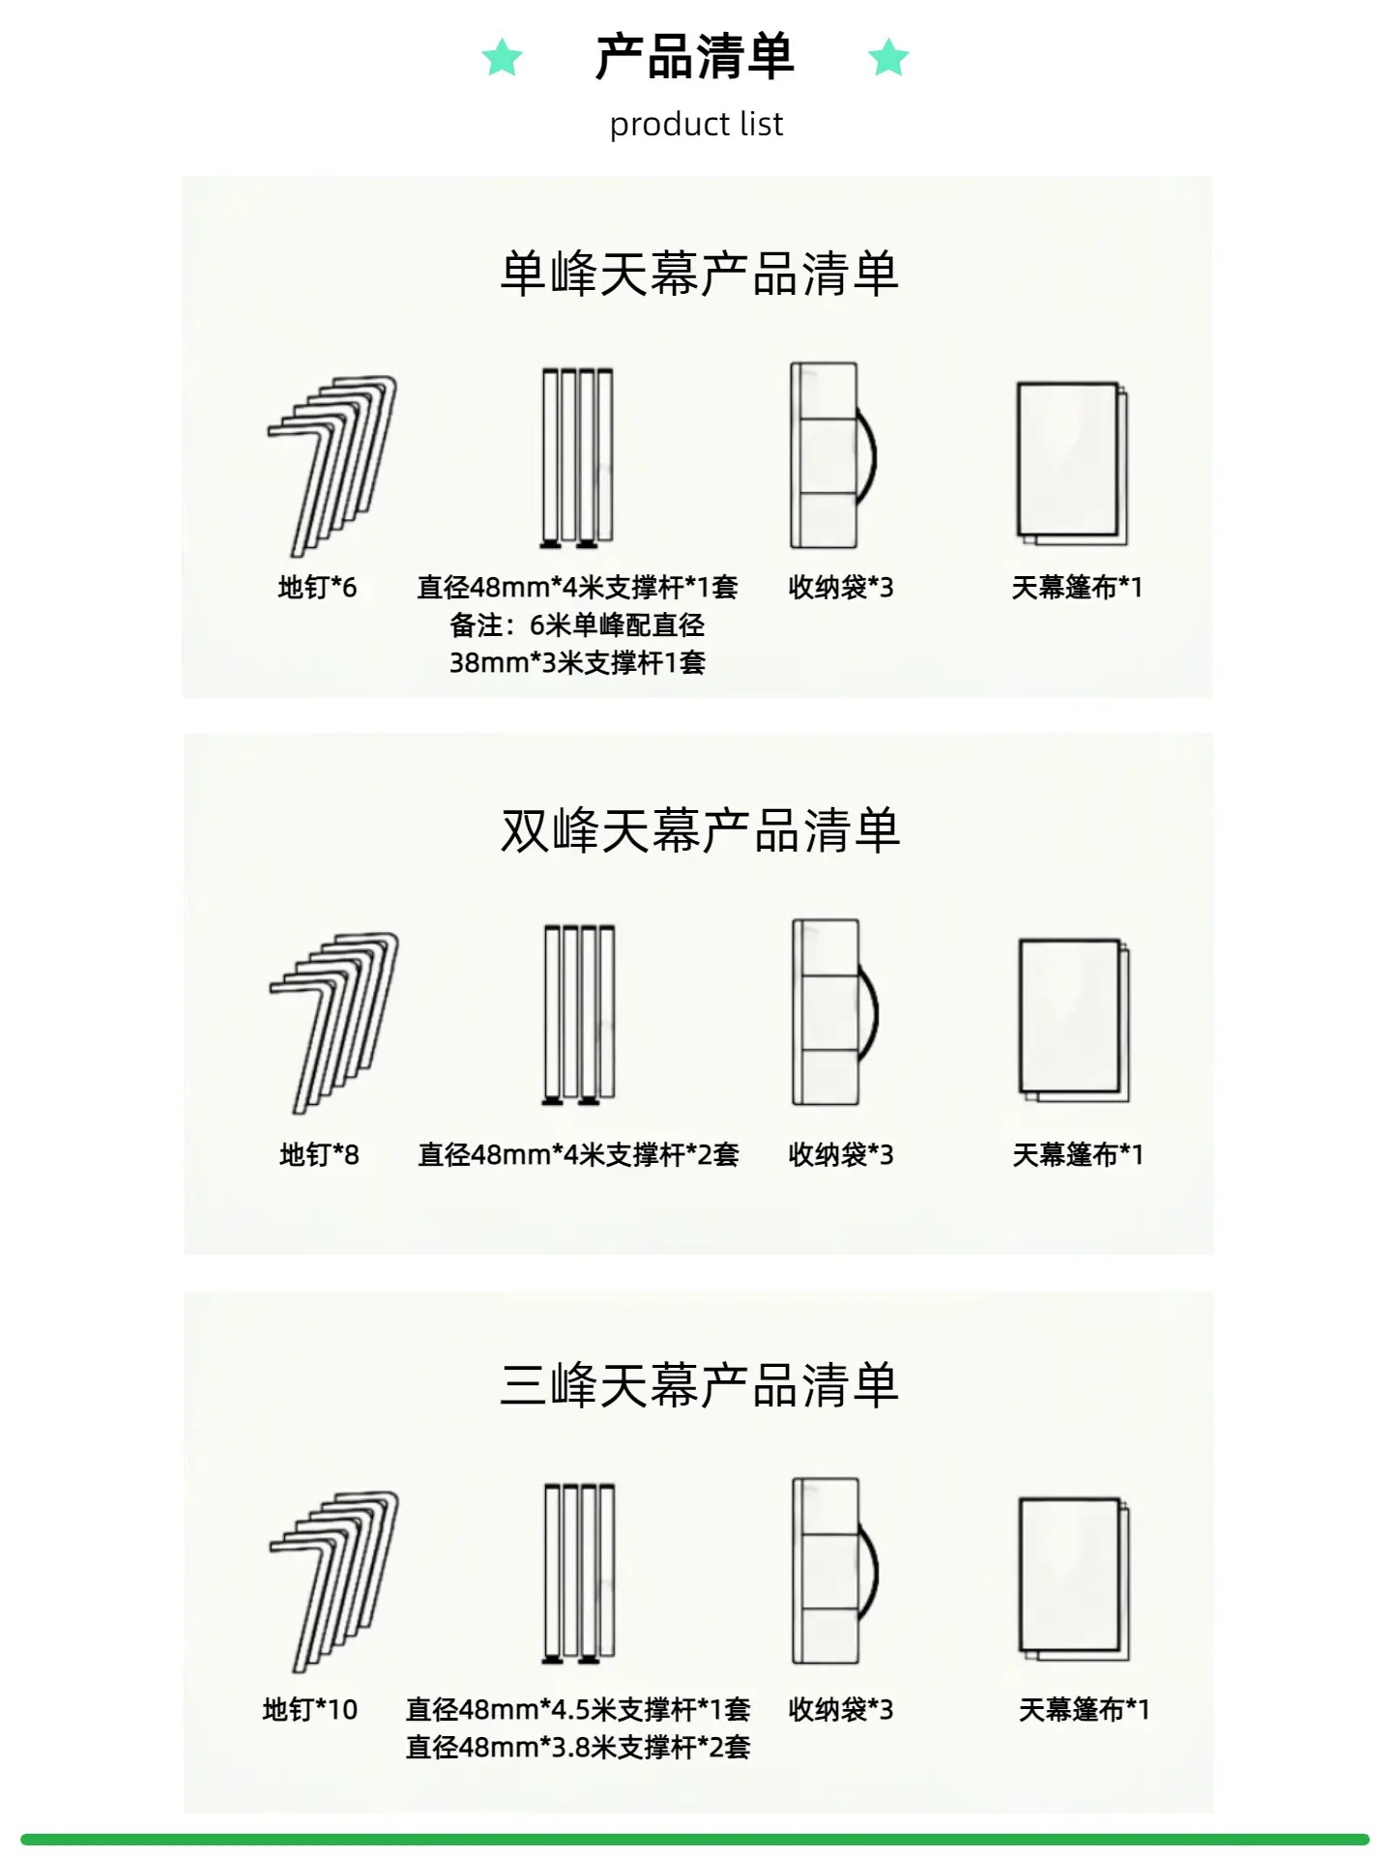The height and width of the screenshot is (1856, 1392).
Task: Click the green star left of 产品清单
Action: (x=503, y=58)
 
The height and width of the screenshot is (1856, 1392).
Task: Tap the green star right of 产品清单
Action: (x=888, y=58)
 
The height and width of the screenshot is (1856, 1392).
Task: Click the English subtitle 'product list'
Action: (x=696, y=125)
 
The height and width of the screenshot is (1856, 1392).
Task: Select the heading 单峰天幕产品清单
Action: (x=699, y=275)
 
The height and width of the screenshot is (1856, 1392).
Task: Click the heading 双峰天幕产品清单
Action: (x=700, y=830)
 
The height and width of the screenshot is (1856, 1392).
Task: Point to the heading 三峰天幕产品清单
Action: (x=699, y=1385)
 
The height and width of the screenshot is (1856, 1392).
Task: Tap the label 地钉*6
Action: (x=317, y=587)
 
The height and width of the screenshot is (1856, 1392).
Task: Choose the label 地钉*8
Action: (x=319, y=1154)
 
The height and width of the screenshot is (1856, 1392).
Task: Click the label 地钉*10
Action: (x=310, y=1709)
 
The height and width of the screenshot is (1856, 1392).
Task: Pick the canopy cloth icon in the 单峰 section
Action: (x=1072, y=463)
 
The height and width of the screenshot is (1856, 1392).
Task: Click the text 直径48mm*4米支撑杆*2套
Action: (x=578, y=1154)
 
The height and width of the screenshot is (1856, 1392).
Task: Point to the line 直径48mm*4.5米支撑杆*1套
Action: (x=578, y=1709)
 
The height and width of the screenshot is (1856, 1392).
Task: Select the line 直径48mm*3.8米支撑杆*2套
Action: (x=578, y=1747)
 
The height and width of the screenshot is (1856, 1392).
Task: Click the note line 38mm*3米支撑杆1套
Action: (x=577, y=662)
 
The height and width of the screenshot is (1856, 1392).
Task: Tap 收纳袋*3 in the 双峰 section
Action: (x=841, y=1154)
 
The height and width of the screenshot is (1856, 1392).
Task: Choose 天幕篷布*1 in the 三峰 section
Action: (x=1084, y=1709)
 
